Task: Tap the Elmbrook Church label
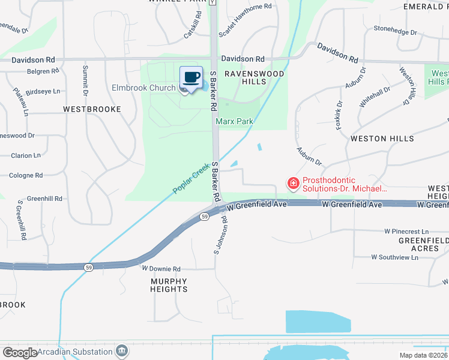point(143,88)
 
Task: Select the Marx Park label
point(235,121)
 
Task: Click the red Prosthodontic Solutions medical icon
point(293,183)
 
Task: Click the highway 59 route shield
point(205,217)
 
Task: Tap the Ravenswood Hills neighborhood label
point(254,77)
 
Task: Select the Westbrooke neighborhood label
point(92,109)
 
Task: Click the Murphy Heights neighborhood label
point(169,285)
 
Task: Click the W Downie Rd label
point(160,269)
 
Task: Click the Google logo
point(20,352)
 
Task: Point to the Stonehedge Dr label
point(395,32)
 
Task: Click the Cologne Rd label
point(26,176)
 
